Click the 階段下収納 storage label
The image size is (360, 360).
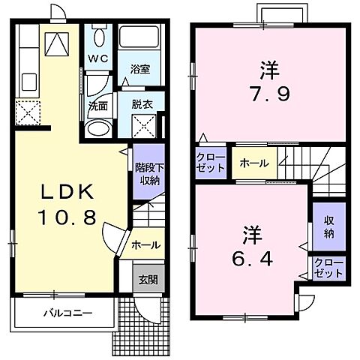[x=147, y=174]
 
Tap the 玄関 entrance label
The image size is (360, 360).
[x=146, y=280]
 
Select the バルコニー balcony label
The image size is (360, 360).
[x=67, y=312]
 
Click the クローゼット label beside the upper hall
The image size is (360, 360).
[x=210, y=162]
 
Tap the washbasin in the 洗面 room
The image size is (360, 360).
[x=97, y=128]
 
